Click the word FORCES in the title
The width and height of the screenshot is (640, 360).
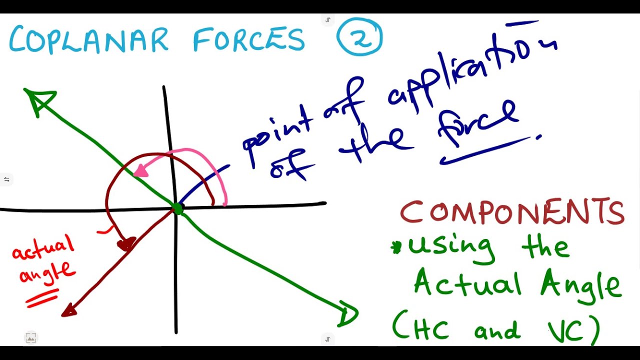248,40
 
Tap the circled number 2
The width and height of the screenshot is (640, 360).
359,38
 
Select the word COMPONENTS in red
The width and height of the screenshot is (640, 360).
512,212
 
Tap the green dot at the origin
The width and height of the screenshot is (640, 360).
177,208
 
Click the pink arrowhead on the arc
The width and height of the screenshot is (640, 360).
141,171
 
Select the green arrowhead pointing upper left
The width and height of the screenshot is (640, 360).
39,99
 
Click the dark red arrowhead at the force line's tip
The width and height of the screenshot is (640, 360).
69,311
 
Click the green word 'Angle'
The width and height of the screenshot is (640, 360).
580,285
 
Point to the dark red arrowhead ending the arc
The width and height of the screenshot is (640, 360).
126,244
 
